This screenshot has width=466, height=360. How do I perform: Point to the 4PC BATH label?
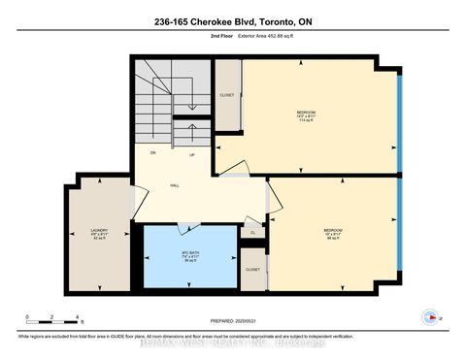click(x=189, y=256)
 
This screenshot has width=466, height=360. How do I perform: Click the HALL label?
click(x=175, y=183)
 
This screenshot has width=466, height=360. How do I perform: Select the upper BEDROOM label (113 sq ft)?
click(x=306, y=115)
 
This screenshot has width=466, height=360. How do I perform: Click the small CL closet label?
click(x=252, y=233)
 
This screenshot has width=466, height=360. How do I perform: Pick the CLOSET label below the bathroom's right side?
click(x=252, y=269)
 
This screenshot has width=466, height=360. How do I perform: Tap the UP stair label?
click(x=192, y=154)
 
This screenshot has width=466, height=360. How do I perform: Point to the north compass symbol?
click(x=429, y=315)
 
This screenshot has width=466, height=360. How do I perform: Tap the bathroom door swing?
click(x=189, y=227)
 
